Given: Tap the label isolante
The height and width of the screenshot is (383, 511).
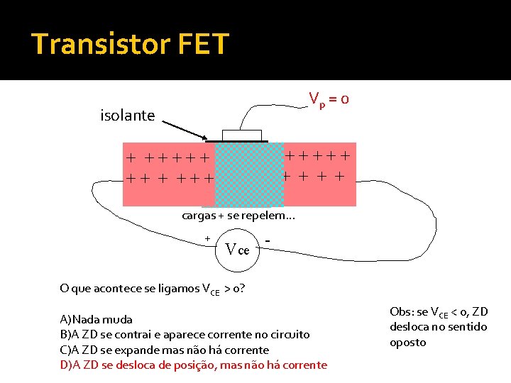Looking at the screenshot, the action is click(x=128, y=115).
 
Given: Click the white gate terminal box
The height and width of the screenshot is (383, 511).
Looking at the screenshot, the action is click(x=242, y=135).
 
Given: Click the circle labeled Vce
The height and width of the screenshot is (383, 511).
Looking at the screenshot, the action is click(x=238, y=250).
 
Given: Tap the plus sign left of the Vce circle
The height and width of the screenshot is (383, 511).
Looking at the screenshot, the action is click(x=207, y=239).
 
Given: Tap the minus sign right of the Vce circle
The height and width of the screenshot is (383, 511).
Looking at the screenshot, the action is click(x=267, y=241).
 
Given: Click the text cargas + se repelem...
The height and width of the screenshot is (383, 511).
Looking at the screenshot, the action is click(x=224, y=215).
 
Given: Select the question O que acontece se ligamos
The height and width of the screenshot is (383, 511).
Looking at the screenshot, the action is click(x=153, y=288).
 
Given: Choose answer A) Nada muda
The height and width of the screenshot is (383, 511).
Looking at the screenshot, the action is click(x=96, y=319).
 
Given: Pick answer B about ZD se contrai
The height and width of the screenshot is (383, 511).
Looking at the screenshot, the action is click(x=185, y=334).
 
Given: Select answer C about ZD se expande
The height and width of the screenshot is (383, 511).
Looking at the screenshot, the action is click(x=165, y=350).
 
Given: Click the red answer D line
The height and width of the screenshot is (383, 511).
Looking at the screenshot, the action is click(x=193, y=365).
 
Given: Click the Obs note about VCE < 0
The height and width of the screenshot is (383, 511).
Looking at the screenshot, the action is click(x=439, y=327).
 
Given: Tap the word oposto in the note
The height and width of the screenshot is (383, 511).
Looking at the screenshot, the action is click(x=408, y=343).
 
